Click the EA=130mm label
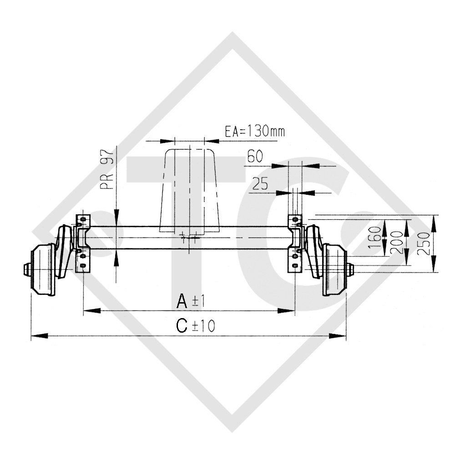(x=255, y=132)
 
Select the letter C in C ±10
(x=182, y=326)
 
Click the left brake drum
(x=43, y=268)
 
